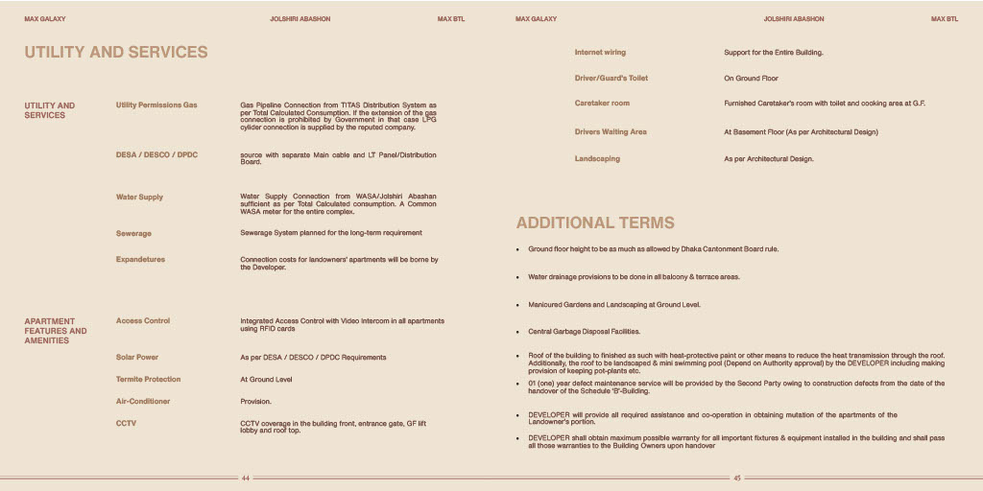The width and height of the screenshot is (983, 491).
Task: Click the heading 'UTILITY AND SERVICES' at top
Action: tap(115, 52)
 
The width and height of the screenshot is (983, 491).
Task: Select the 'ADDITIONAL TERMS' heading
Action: tap(595, 222)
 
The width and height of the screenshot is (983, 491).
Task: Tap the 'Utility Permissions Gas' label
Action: tap(156, 105)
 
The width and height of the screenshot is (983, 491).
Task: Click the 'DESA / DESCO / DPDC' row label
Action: tap(156, 154)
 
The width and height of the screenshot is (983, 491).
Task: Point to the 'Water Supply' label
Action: tap(139, 197)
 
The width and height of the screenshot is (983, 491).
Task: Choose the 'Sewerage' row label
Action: tap(133, 233)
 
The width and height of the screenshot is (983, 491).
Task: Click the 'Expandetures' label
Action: tap(140, 259)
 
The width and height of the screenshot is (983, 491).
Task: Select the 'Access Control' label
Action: tap(143, 320)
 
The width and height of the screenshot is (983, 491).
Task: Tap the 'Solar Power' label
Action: tap(137, 357)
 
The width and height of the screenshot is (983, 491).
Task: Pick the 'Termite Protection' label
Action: tap(148, 379)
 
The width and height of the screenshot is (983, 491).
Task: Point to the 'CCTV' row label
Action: tap(126, 422)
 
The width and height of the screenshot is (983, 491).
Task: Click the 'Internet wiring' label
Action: tap(600, 52)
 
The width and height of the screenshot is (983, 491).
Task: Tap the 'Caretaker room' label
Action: tap(602, 103)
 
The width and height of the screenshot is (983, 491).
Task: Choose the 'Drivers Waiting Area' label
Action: tap(611, 131)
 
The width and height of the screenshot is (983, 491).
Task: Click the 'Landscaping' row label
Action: tap(597, 158)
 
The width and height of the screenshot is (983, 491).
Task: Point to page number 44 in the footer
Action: tap(246, 478)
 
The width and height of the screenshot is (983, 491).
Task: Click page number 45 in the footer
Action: tap(737, 478)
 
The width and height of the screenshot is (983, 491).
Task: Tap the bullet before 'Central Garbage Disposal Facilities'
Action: tap(518, 332)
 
